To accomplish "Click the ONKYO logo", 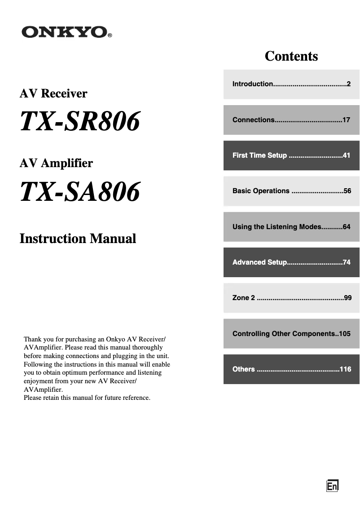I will tap(64, 32).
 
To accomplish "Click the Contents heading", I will tap(291, 56).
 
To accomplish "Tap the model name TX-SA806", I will tap(80, 192).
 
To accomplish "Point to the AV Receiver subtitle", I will tap(53, 93).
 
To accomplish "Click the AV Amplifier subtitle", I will tap(56, 163).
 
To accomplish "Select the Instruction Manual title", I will tap(78, 238).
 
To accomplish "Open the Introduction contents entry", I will tap(291, 84).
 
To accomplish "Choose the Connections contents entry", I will tap(291, 120).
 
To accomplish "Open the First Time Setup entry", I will tap(291, 155).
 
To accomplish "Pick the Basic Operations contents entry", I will tap(291, 191).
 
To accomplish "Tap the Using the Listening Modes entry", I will tap(291, 227).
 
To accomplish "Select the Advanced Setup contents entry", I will tap(291, 262).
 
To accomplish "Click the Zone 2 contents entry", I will tap(291, 298).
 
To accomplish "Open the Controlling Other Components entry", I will tap(291, 334).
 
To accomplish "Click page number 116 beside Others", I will tap(345, 369).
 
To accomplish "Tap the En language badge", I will tap(332, 486).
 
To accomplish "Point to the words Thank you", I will tap(36, 339).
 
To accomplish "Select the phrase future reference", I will tap(129, 398).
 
